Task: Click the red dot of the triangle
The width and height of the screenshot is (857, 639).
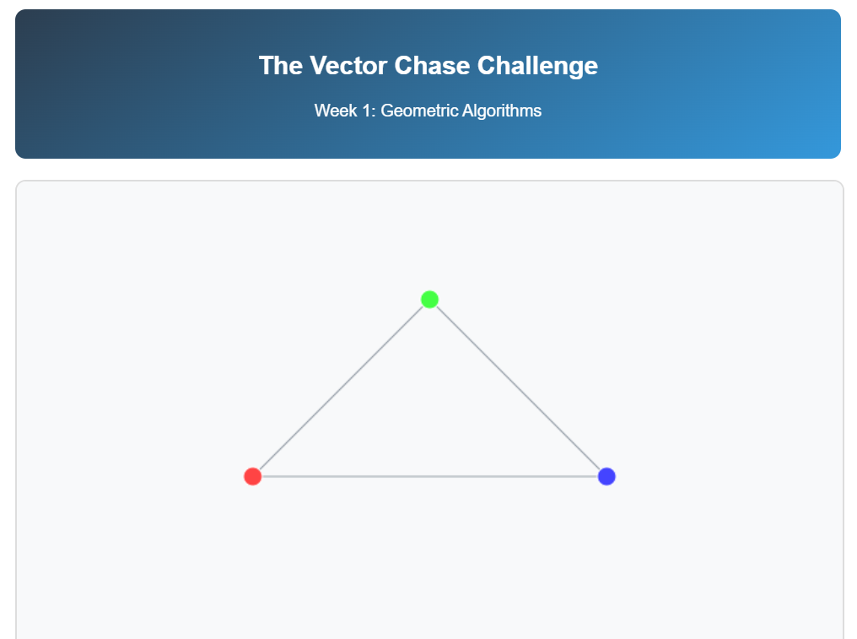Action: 252,476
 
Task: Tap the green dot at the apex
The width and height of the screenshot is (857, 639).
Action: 429,299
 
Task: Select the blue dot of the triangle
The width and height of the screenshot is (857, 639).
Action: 606,476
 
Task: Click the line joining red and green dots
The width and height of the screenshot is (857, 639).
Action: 341,387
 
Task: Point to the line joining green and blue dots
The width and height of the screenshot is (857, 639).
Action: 518,387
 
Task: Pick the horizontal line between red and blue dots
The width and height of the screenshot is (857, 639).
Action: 429,476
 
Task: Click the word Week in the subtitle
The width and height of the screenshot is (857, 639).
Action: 334,111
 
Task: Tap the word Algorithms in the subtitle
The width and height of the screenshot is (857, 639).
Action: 502,111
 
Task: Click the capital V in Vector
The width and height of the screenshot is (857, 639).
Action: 314,66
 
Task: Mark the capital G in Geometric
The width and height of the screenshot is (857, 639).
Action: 387,111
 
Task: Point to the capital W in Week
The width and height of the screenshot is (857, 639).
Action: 321,111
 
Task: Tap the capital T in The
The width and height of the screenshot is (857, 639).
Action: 265,66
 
